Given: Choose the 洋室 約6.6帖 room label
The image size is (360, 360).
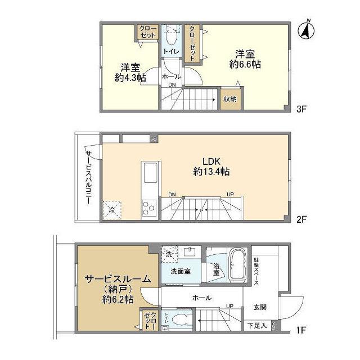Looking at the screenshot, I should click(x=245, y=59).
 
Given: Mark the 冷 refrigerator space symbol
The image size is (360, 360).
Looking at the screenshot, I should click(x=112, y=210).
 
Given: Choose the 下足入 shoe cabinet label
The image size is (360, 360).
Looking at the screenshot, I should click(x=258, y=326).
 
